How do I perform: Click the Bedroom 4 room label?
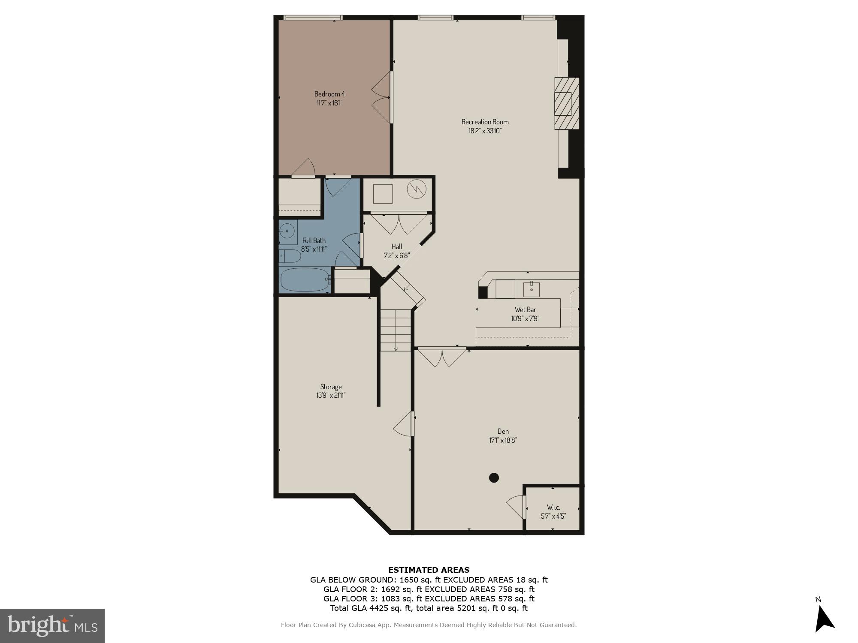pyautogui.click(x=329, y=94)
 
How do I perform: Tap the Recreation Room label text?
pyautogui.click(x=485, y=122)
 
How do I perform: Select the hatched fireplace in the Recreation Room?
pyautogui.click(x=566, y=103)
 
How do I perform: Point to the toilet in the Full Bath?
pyautogui.click(x=290, y=256)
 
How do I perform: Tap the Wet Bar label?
pyautogui.click(x=525, y=309)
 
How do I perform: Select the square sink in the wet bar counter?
pyautogui.click(x=532, y=289)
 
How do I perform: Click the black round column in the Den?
pyautogui.click(x=494, y=478)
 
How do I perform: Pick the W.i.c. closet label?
pyautogui.click(x=553, y=507)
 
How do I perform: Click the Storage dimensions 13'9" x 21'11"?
pyautogui.click(x=331, y=396)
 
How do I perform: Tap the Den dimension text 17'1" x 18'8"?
pyautogui.click(x=503, y=440)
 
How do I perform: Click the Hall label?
pyautogui.click(x=397, y=246)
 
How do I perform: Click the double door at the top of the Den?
pyautogui.click(x=442, y=358)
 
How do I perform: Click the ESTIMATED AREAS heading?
pyautogui.click(x=429, y=570)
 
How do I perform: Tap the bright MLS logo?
pyautogui.click(x=52, y=626)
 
